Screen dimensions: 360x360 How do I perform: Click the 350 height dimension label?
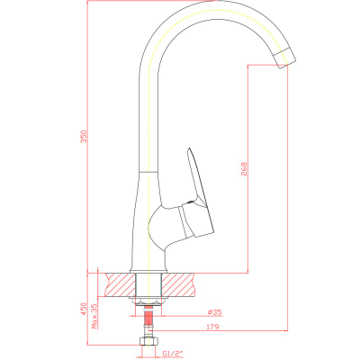pyautogui.click(x=85, y=137)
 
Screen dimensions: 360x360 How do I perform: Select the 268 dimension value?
pyautogui.click(x=244, y=168)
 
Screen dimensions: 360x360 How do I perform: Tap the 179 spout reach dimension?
pyautogui.click(x=212, y=327)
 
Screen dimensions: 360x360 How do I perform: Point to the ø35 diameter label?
pyautogui.click(x=214, y=312)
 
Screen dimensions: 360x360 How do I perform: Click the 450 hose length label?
pyautogui.click(x=84, y=310)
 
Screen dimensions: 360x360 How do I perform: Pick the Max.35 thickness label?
pyautogui.click(x=95, y=316)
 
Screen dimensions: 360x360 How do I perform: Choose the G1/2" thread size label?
pyautogui.click(x=173, y=354)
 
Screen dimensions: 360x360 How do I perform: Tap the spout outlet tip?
pyautogui.click(x=284, y=58)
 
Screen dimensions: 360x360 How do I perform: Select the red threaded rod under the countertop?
pyautogui.click(x=148, y=317)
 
